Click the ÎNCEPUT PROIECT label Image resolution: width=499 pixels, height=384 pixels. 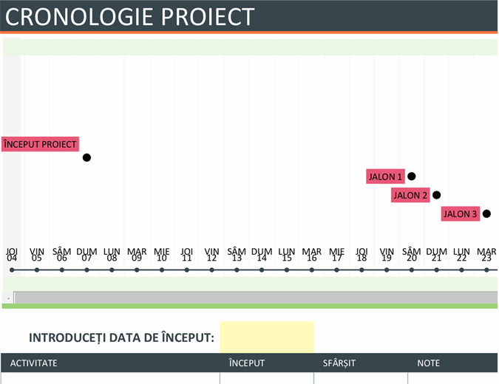pyautogui.click(x=40, y=144)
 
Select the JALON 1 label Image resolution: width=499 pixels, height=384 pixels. pyautogui.click(x=385, y=176)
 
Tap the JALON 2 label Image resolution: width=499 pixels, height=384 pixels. pyautogui.click(x=410, y=195)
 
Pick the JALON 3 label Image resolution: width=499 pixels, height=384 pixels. pyautogui.click(x=460, y=214)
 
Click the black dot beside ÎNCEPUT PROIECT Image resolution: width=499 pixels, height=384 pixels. pyautogui.click(x=86, y=157)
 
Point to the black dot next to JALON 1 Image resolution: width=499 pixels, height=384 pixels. pyautogui.click(x=412, y=176)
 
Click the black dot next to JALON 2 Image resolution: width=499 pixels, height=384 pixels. pyautogui.click(x=437, y=195)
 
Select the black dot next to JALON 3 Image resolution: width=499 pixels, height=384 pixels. pyautogui.click(x=486, y=214)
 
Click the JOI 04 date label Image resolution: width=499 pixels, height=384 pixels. pyautogui.click(x=12, y=255)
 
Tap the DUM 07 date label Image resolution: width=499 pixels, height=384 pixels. pyautogui.click(x=86, y=255)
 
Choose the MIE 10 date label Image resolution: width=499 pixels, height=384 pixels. pyautogui.click(x=162, y=255)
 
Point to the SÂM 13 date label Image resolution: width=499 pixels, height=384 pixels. pyautogui.click(x=237, y=255)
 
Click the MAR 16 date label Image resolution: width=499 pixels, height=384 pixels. pyautogui.click(x=311, y=255)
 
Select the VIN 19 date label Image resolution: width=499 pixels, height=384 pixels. pyautogui.click(x=387, y=255)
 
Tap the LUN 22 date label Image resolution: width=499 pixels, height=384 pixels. pyautogui.click(x=461, y=255)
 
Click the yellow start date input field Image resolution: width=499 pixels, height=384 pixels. pyautogui.click(x=267, y=337)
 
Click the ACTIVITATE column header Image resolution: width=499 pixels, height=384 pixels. pyautogui.click(x=34, y=363)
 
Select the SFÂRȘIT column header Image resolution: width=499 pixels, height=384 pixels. pyautogui.click(x=340, y=363)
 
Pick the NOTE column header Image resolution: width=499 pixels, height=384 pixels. pyautogui.click(x=429, y=363)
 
